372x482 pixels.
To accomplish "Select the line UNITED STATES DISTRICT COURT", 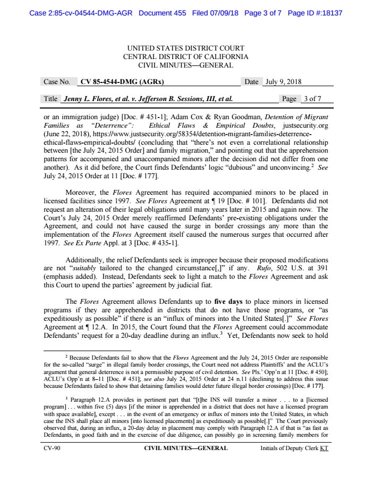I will click(185, 48).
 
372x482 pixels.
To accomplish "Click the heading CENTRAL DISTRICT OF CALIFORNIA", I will click(185, 57).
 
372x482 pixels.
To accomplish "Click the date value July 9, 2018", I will click(284, 82).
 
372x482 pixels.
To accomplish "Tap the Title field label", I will click(50, 98).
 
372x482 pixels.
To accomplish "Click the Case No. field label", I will click(56, 82).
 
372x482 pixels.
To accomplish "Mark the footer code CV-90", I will click(52, 448).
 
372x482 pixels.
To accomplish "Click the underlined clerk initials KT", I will click(324, 448).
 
